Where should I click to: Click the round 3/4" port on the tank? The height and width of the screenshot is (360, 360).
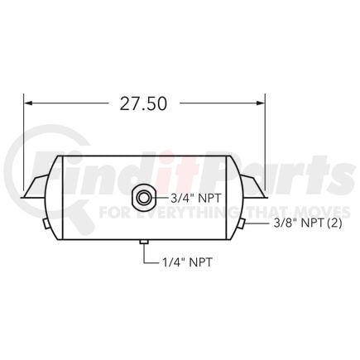tap(145, 198)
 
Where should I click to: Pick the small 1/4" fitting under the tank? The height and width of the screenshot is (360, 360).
tap(144, 242)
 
